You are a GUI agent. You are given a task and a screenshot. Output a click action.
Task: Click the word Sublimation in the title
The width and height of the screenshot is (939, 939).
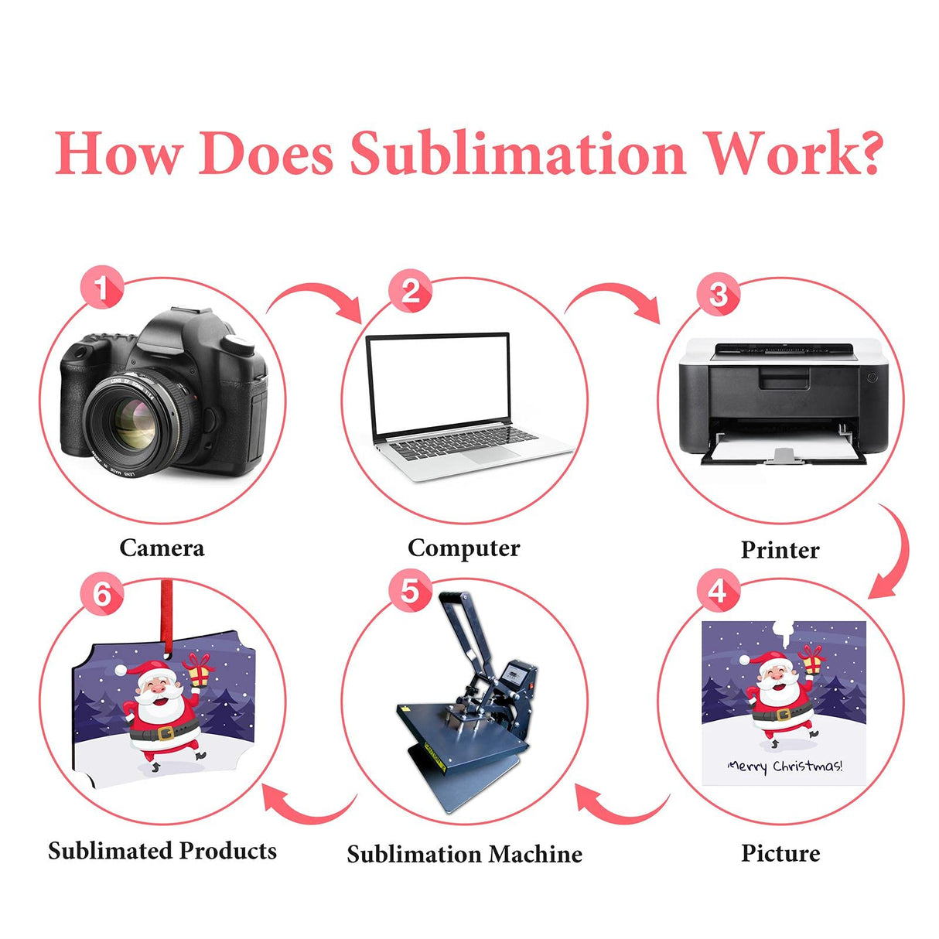coord(518,152)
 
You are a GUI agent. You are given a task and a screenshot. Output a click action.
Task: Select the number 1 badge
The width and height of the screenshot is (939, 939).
coord(101,289)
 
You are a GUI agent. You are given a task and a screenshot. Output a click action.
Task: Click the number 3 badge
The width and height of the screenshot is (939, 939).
coord(718,295)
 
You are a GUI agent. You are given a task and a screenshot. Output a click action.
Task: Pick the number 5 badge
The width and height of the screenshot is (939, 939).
coord(409,592)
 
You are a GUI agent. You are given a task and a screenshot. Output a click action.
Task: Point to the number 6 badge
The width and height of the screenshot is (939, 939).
coord(101,594)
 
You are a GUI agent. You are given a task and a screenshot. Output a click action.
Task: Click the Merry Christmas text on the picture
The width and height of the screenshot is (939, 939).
coord(784,767)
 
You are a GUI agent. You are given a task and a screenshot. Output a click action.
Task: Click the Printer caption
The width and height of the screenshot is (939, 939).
coord(780,550)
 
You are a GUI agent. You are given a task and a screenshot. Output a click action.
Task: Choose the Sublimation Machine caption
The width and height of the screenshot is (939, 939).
coord(464,854)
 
